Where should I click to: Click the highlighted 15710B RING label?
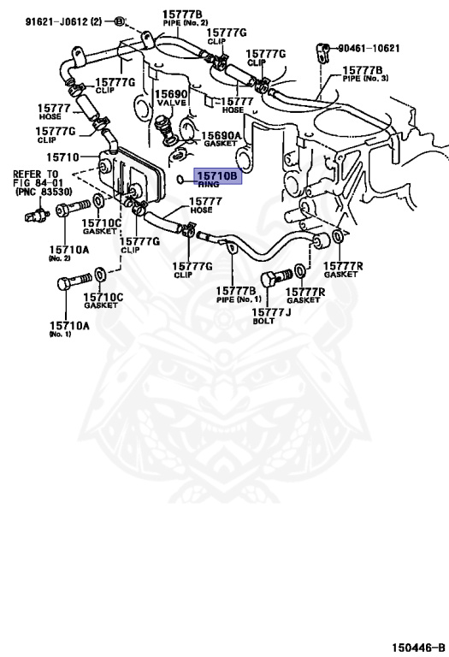[x=217, y=177]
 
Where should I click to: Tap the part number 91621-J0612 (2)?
[x=63, y=21]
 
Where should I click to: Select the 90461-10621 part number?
[x=369, y=49]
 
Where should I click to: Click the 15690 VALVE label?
[x=171, y=98]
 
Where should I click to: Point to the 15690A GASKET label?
[x=221, y=139]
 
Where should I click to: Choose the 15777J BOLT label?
[x=271, y=316]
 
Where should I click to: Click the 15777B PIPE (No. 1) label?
[x=238, y=294]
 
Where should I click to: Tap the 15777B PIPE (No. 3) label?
[x=365, y=74]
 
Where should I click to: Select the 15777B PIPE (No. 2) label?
[x=185, y=18]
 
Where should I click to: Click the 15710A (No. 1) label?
[x=69, y=328]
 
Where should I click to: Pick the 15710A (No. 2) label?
[x=68, y=253]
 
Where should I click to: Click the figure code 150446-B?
[x=418, y=648]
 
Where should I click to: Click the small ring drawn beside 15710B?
[x=180, y=181]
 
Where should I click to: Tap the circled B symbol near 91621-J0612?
[x=119, y=21]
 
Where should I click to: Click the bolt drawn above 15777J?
[x=276, y=278]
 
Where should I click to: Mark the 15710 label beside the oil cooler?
[x=62, y=157]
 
